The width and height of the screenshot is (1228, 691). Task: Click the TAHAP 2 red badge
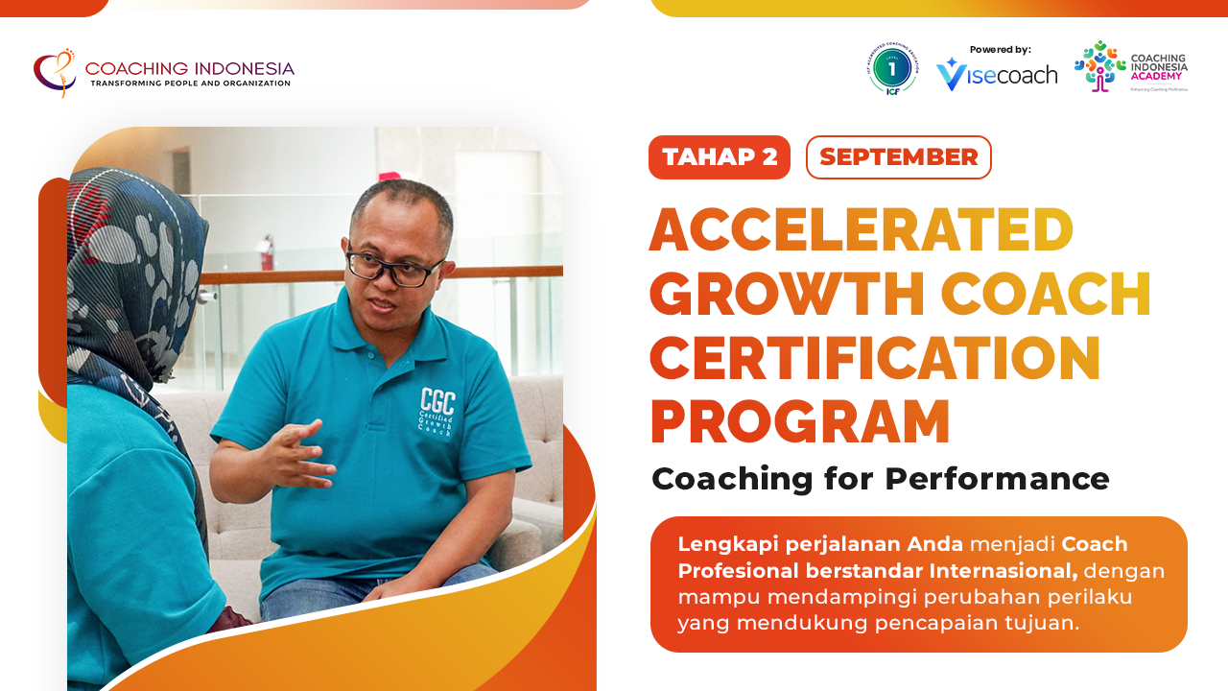(720, 157)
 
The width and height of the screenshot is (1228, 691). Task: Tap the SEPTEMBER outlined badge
(898, 157)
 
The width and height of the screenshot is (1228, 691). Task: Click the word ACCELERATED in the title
(861, 230)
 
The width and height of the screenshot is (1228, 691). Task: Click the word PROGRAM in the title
(799, 421)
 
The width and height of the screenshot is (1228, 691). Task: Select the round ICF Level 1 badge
(893, 69)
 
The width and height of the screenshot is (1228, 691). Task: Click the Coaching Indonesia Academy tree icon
(1099, 66)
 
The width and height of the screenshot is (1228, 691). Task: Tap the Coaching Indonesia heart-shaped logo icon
(55, 72)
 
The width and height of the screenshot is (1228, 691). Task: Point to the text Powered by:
(1000, 49)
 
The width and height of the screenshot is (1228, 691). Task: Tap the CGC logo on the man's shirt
(437, 411)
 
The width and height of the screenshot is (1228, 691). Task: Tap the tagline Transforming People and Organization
(190, 83)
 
